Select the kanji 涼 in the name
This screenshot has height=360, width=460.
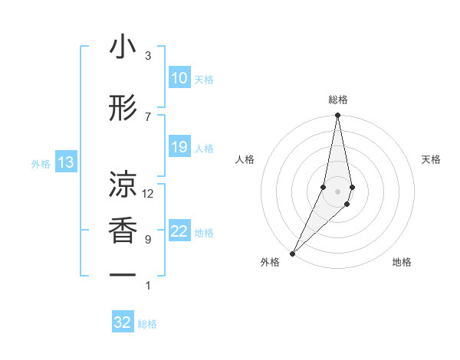pos(123,185)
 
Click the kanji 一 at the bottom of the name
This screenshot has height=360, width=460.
pos(123,274)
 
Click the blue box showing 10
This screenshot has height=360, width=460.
pos(179,78)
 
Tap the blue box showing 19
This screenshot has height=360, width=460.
pos(179,147)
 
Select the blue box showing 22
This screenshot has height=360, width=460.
pos(179,232)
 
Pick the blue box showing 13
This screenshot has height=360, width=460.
pos(65,162)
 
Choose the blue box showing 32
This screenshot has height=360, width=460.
pos(123,322)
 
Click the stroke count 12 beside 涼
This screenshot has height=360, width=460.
pos(148,193)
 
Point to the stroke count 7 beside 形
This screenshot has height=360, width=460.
pos(148,116)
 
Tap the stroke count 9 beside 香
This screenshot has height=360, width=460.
pos(148,239)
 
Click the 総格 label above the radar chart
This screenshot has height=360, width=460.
pos(337,100)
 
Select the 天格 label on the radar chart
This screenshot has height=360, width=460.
pos(432,159)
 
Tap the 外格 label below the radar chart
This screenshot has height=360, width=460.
pos(271,262)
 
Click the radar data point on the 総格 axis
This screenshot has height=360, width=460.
pos(337,116)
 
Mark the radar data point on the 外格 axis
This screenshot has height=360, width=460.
pos(292,253)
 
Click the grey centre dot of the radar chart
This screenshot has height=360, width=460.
pos(337,191)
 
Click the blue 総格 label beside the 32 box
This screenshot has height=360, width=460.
pos(147,324)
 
